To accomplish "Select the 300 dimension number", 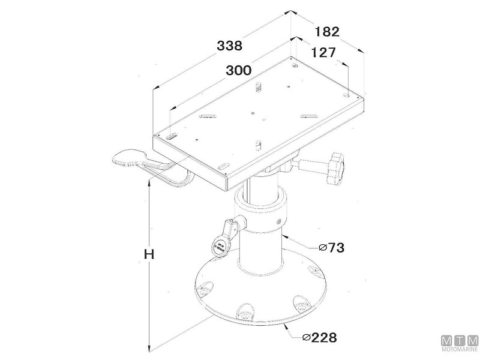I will (x=238, y=70).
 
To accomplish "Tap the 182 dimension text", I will (x=327, y=32).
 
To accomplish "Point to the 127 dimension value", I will (x=323, y=53).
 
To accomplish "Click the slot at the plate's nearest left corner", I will (x=172, y=137).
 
